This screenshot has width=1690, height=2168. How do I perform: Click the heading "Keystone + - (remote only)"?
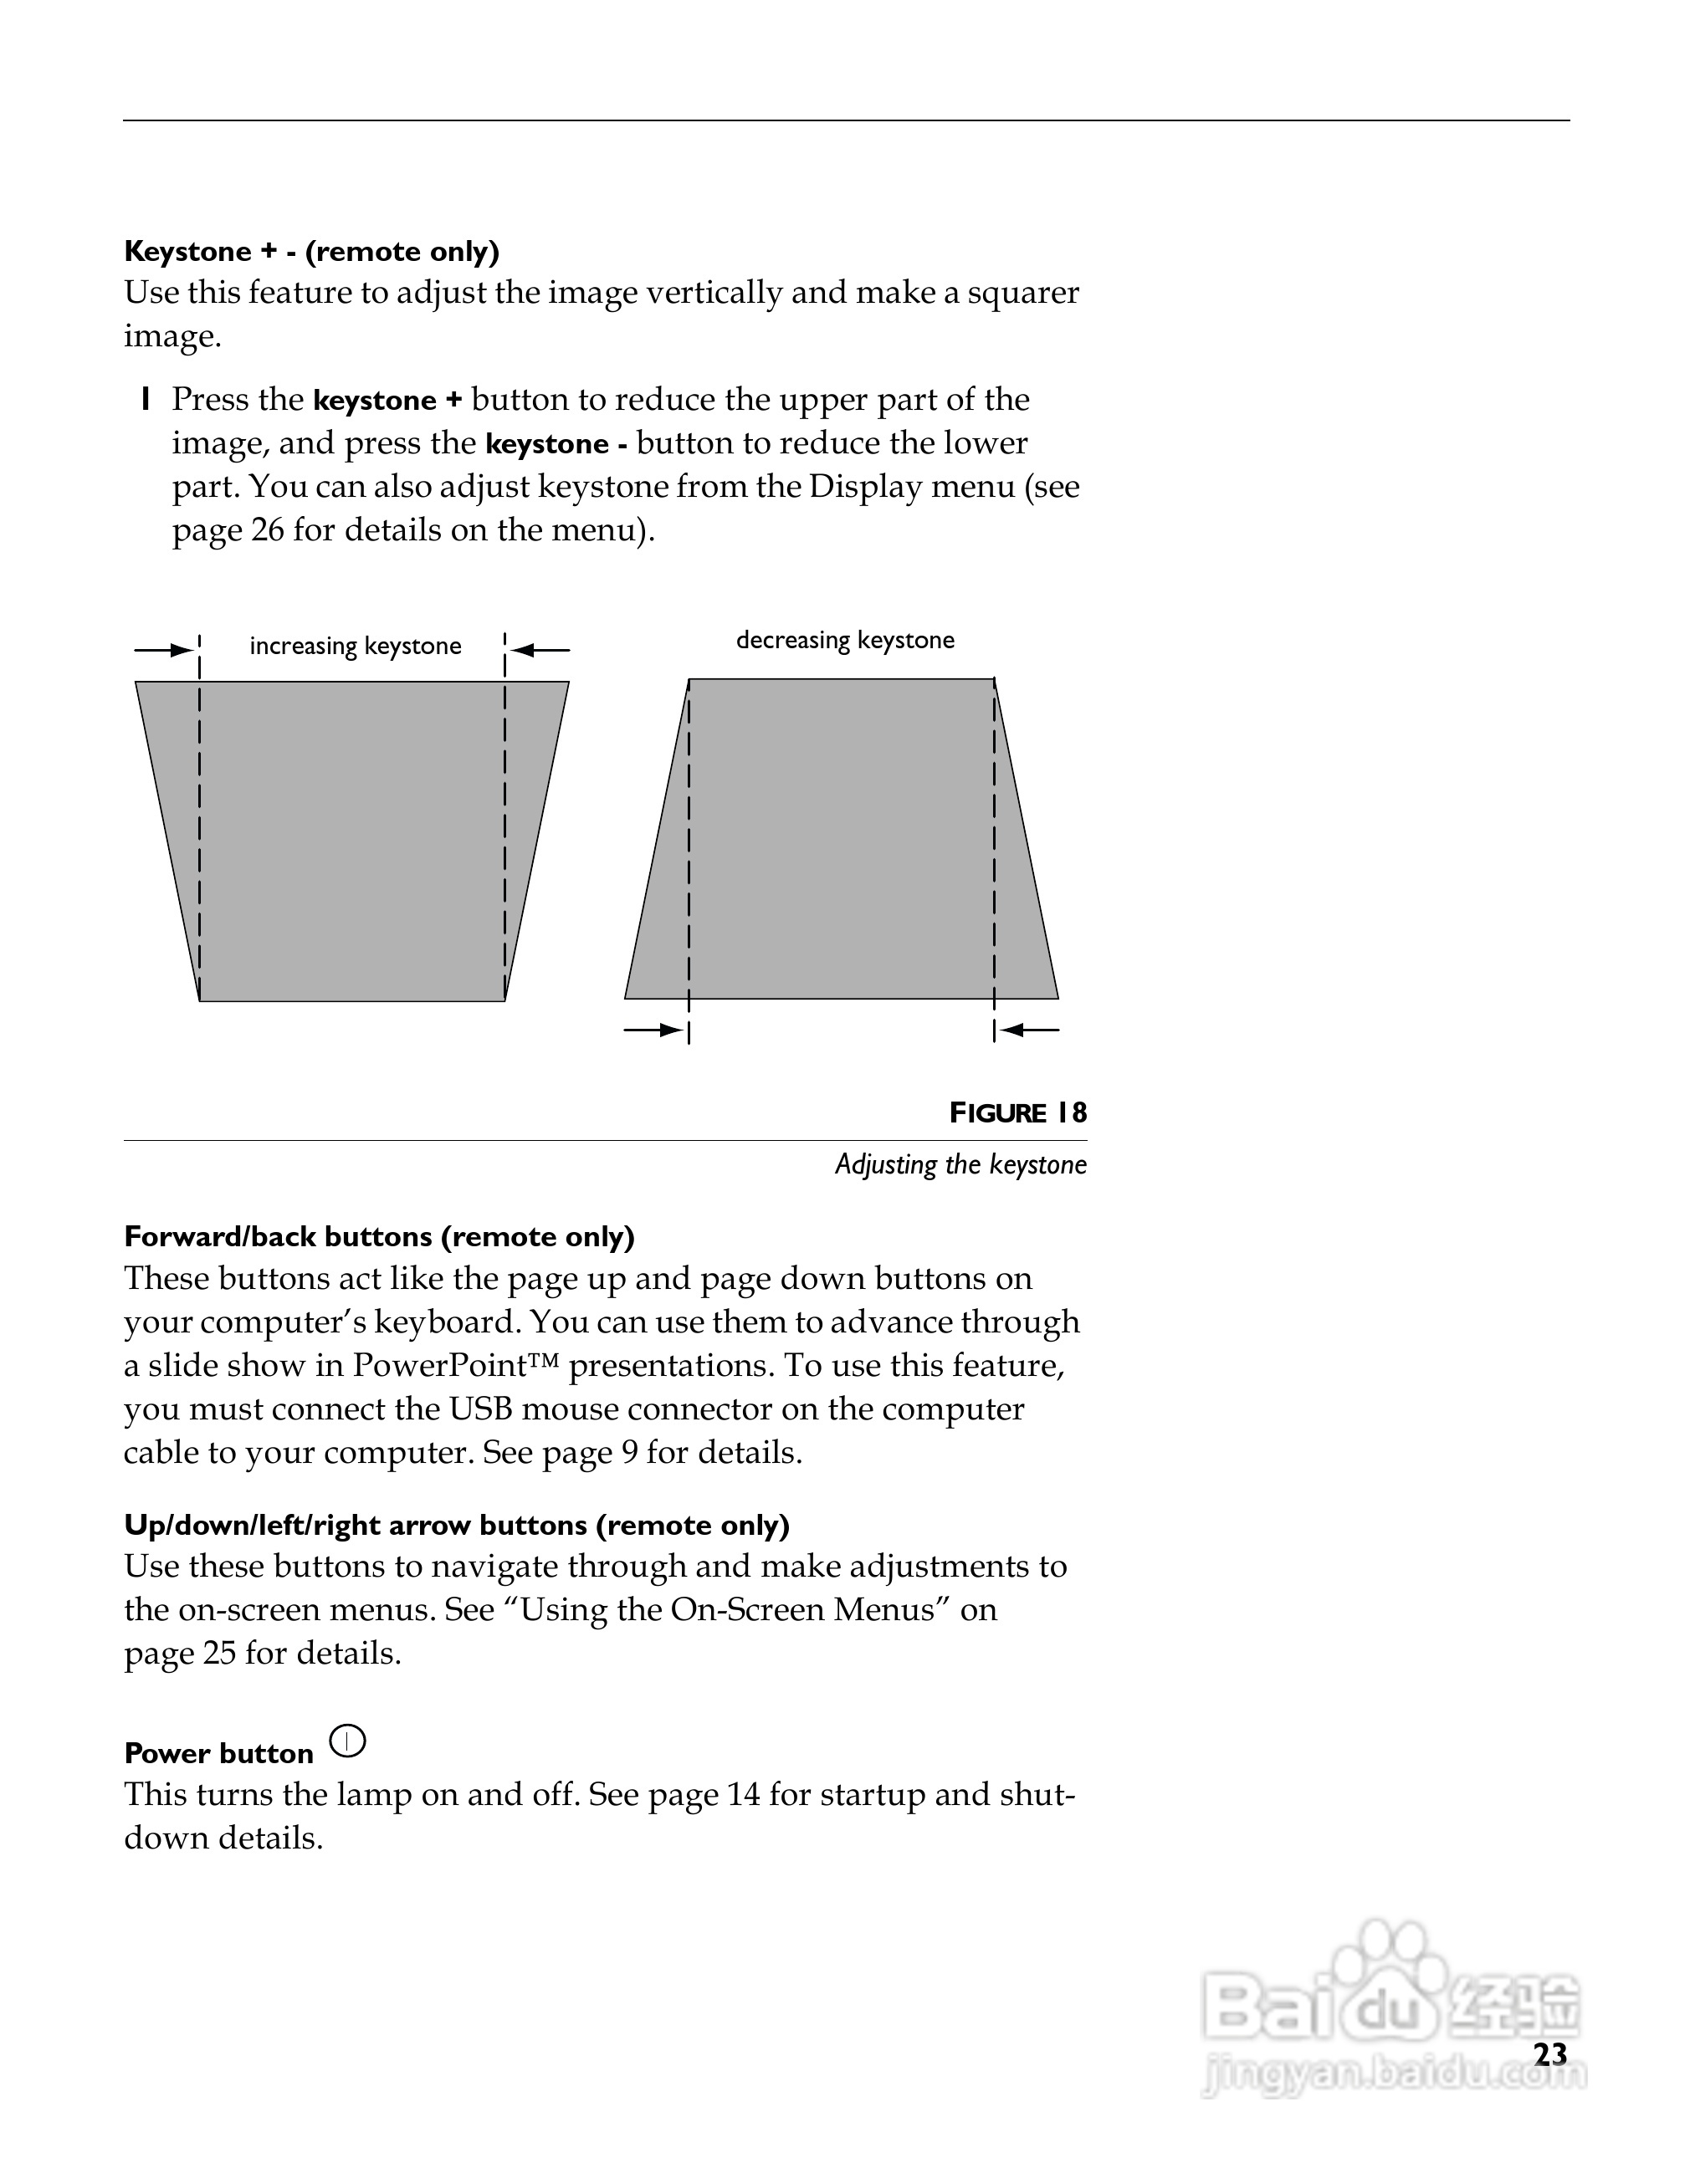310,251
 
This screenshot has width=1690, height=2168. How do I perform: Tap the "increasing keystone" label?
355,647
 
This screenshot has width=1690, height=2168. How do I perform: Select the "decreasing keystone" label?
844,640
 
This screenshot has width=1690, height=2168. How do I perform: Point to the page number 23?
1550,2054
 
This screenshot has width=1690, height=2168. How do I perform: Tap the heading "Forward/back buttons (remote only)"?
378,1236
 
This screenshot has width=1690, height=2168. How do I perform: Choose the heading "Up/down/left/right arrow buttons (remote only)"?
456,1525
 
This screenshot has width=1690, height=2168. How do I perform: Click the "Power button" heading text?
218,1753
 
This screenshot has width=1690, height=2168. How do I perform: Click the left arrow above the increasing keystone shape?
164,650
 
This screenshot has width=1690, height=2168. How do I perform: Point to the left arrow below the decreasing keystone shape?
653,1030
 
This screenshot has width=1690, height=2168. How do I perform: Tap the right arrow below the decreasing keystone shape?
1030,1030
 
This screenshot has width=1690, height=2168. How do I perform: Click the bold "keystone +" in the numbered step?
387,400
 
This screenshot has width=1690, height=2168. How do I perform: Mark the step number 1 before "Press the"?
146,400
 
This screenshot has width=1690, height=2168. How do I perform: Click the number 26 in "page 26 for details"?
267,530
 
